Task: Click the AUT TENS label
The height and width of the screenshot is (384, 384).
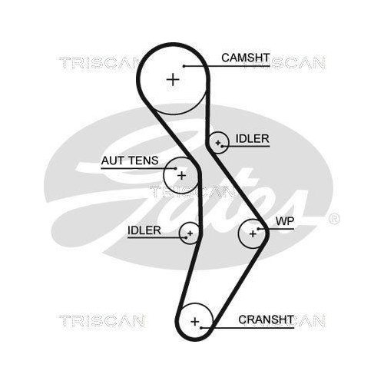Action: [130, 161]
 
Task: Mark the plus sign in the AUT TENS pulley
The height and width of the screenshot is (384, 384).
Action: [181, 175]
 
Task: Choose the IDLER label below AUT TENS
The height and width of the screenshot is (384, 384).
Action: [144, 230]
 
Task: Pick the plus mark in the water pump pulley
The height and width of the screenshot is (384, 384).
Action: [253, 233]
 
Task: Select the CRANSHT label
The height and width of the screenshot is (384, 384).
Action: [265, 319]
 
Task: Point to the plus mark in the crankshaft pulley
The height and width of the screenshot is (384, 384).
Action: [195, 319]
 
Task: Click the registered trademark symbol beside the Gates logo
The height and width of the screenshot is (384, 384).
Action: [333, 219]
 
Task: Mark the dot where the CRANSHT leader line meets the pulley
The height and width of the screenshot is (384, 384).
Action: [204, 328]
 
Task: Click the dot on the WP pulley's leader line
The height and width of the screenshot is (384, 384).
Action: [263, 230]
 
